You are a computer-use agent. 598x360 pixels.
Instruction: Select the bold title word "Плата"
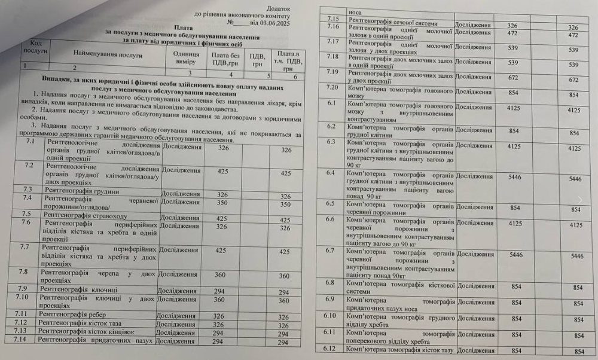click(x=184, y=28)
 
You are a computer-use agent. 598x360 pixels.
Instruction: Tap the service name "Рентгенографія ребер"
click(x=75, y=315)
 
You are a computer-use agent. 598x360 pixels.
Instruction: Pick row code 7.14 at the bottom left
click(x=22, y=340)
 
